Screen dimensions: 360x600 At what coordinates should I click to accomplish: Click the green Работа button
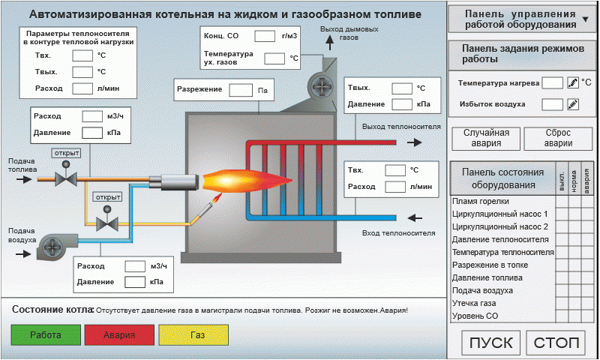click(x=45, y=335)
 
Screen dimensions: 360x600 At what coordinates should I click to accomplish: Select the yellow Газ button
click(x=196, y=335)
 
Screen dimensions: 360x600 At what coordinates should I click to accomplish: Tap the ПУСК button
click(x=491, y=343)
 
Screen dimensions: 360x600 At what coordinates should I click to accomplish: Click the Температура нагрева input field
click(x=552, y=82)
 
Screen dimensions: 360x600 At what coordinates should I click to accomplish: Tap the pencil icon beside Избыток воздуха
click(x=573, y=104)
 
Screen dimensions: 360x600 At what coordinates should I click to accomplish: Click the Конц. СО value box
click(x=264, y=36)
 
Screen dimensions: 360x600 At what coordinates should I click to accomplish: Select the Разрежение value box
click(x=240, y=90)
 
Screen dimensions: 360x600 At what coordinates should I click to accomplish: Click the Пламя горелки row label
click(x=481, y=201)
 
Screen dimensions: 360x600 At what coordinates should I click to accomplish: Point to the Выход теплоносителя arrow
click(x=413, y=141)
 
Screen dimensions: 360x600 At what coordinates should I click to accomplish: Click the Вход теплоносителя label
click(x=398, y=232)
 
